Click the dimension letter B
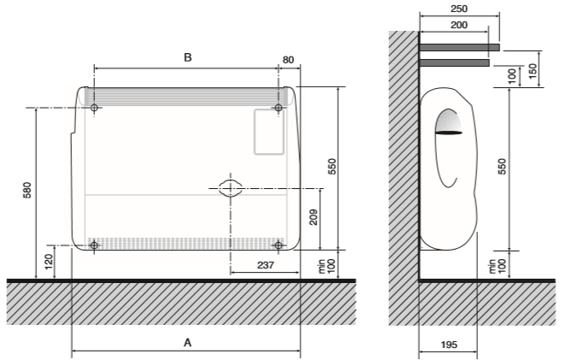pos(188,57)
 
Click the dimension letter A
pos(187,342)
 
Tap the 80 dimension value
pos(288,60)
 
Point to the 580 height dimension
pos(27,191)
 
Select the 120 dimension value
pos(49,262)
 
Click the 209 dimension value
pos(314,217)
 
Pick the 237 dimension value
pos(266,265)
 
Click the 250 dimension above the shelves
pos(459,9)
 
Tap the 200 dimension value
pos(459,25)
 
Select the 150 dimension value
pos(533,69)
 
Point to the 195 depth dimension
pos(449,345)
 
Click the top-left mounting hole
pos(94,108)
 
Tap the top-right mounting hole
pos(279,108)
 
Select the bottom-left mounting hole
pos(94,245)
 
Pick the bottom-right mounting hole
pos(279,245)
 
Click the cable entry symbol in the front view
pos(230,188)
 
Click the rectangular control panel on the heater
pos(269,132)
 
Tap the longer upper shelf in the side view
pos(459,47)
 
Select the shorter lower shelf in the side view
pos(455,62)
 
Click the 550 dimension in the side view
pos(502,167)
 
